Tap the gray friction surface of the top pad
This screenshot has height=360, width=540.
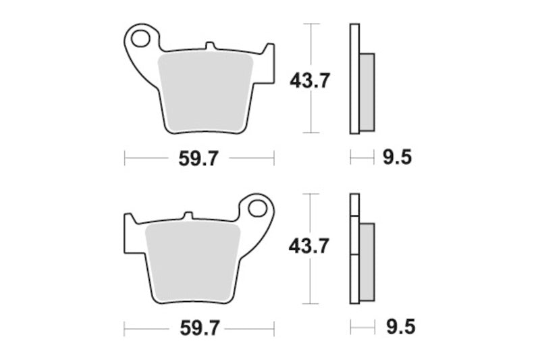pos(205,91)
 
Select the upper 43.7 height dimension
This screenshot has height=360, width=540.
pos(310,81)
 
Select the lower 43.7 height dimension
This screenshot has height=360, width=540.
pos(308,247)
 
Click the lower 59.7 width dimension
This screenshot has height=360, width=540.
pos(198,329)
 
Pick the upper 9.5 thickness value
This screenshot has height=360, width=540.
pos(397,159)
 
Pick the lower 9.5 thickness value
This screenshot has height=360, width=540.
pos(397,329)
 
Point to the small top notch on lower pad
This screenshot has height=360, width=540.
pos(188,216)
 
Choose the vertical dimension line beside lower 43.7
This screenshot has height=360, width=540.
pos(309,284)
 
